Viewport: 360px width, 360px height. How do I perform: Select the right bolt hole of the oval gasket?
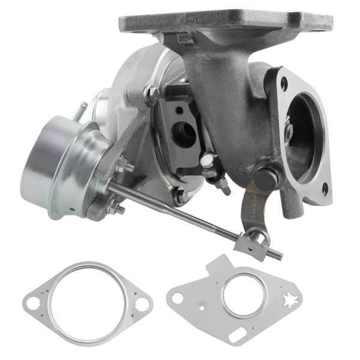pos(142,304)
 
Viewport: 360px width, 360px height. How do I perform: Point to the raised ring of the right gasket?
pos(244,293)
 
